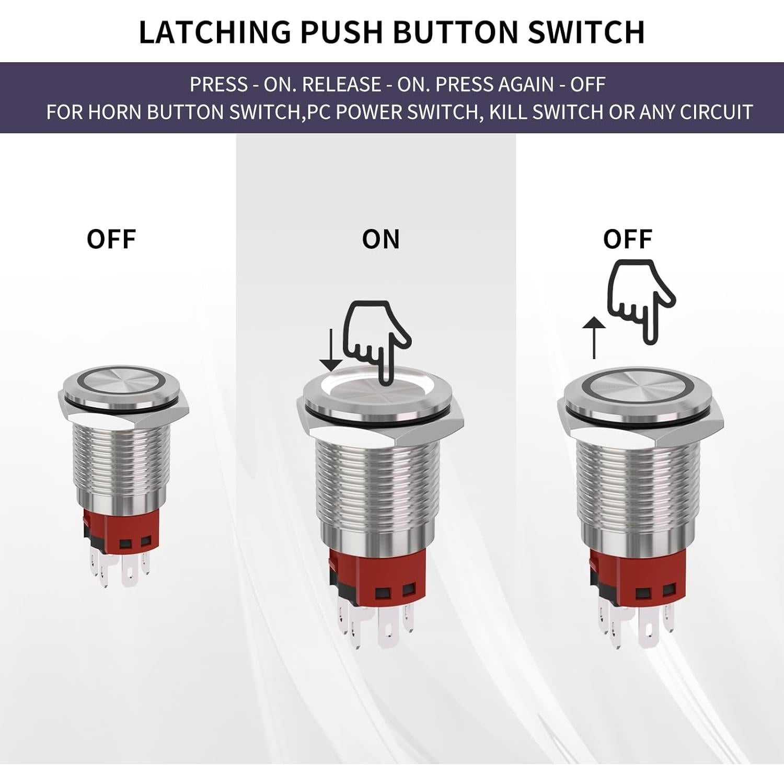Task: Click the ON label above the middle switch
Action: [x=381, y=239]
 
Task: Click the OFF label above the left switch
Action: [x=111, y=239]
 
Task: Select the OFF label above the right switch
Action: [x=627, y=239]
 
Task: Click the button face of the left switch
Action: [x=124, y=382]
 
